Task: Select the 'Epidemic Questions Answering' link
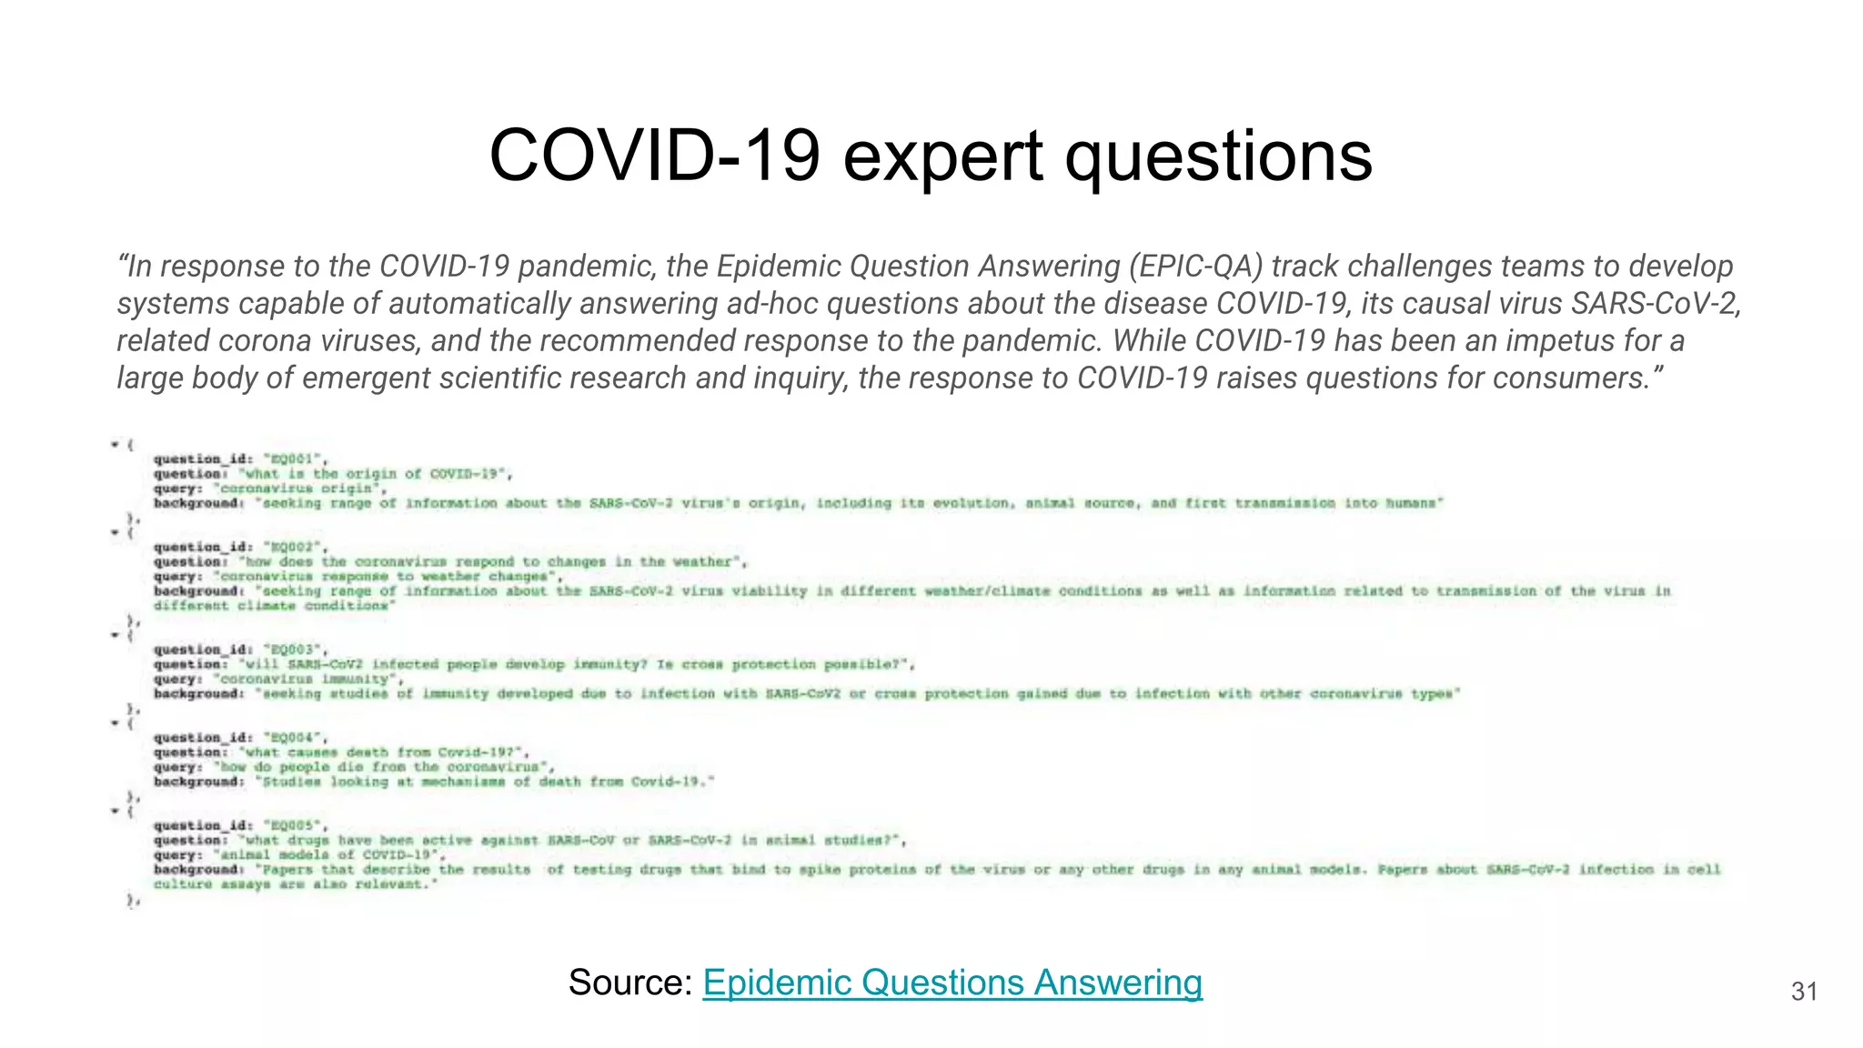pyautogui.click(x=952, y=982)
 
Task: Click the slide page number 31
pyautogui.click(x=1804, y=992)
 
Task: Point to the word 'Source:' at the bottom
pyautogui.click(x=630, y=982)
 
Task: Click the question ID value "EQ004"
pyautogui.click(x=293, y=738)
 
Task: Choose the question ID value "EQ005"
pyautogui.click(x=293, y=826)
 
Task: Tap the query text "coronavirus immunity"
pyautogui.click(x=306, y=680)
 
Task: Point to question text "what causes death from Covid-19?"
pyautogui.click(x=382, y=752)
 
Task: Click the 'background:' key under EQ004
pyautogui.click(x=199, y=782)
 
